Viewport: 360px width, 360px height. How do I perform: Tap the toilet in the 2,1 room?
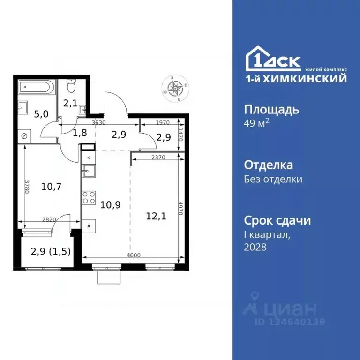pos(71,87)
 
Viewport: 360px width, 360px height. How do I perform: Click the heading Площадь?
pos(272,110)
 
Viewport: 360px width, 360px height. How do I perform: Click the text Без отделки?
pos(273,179)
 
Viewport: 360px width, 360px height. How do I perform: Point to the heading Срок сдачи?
pos(277,220)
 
